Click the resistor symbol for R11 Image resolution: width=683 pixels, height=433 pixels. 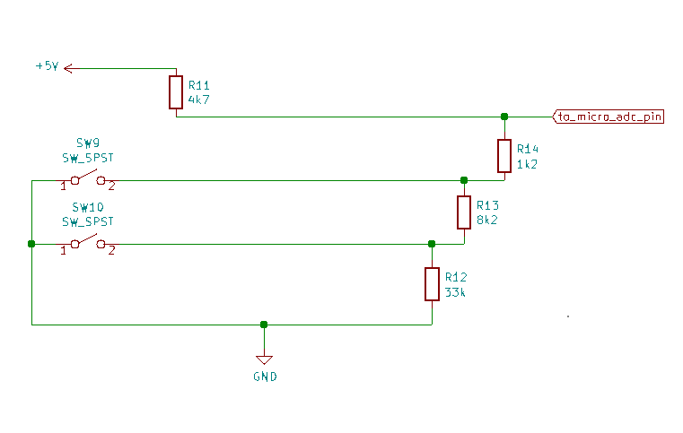coord(176,92)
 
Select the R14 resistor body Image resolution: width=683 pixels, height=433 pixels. coord(504,156)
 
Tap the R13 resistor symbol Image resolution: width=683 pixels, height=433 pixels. coord(464,212)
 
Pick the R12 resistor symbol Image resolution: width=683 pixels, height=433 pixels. coord(432,284)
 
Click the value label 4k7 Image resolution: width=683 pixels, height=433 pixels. coord(198,100)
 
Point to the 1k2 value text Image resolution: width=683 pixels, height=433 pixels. coord(528,164)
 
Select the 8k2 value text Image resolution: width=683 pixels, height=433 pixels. coord(487,220)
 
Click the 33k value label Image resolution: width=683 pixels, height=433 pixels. coord(455,292)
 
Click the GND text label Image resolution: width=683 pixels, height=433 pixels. coord(265,377)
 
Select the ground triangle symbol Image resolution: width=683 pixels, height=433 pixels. coord(264,359)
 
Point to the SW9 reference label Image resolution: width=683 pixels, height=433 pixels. coord(87,143)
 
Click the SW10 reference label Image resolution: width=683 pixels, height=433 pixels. coord(87,206)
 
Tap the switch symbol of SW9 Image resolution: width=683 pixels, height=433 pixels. coord(87,178)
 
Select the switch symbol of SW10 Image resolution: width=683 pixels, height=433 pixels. coord(87,242)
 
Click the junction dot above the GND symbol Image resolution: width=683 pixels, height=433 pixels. coord(264,325)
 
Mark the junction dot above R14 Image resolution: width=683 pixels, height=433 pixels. coord(504,117)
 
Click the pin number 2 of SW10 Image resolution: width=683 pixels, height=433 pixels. coord(111,251)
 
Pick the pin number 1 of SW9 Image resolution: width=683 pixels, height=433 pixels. coord(63,186)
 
